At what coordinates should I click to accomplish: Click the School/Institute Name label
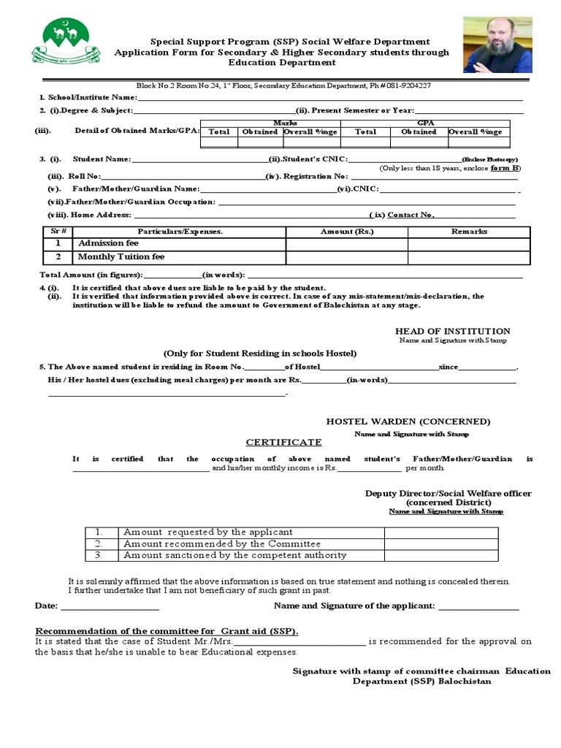pyautogui.click(x=88, y=97)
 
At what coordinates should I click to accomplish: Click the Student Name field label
pyautogui.click(x=102, y=159)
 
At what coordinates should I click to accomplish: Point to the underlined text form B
pyautogui.click(x=505, y=168)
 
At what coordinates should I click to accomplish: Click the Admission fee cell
pyautogui.click(x=108, y=243)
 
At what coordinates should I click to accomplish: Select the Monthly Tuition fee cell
pyautogui.click(x=121, y=257)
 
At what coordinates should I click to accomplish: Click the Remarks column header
pyautogui.click(x=469, y=231)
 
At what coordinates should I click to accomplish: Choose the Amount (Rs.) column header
pyautogui.click(x=347, y=231)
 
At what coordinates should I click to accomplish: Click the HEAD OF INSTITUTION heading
pyautogui.click(x=453, y=332)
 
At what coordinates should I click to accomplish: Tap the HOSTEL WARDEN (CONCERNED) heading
pyautogui.click(x=408, y=421)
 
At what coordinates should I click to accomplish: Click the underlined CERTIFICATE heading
pyautogui.click(x=283, y=443)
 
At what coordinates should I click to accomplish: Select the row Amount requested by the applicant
pyautogui.click(x=208, y=532)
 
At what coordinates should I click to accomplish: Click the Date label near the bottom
pyautogui.click(x=45, y=606)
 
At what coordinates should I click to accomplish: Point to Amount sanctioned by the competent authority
pyautogui.click(x=235, y=555)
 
